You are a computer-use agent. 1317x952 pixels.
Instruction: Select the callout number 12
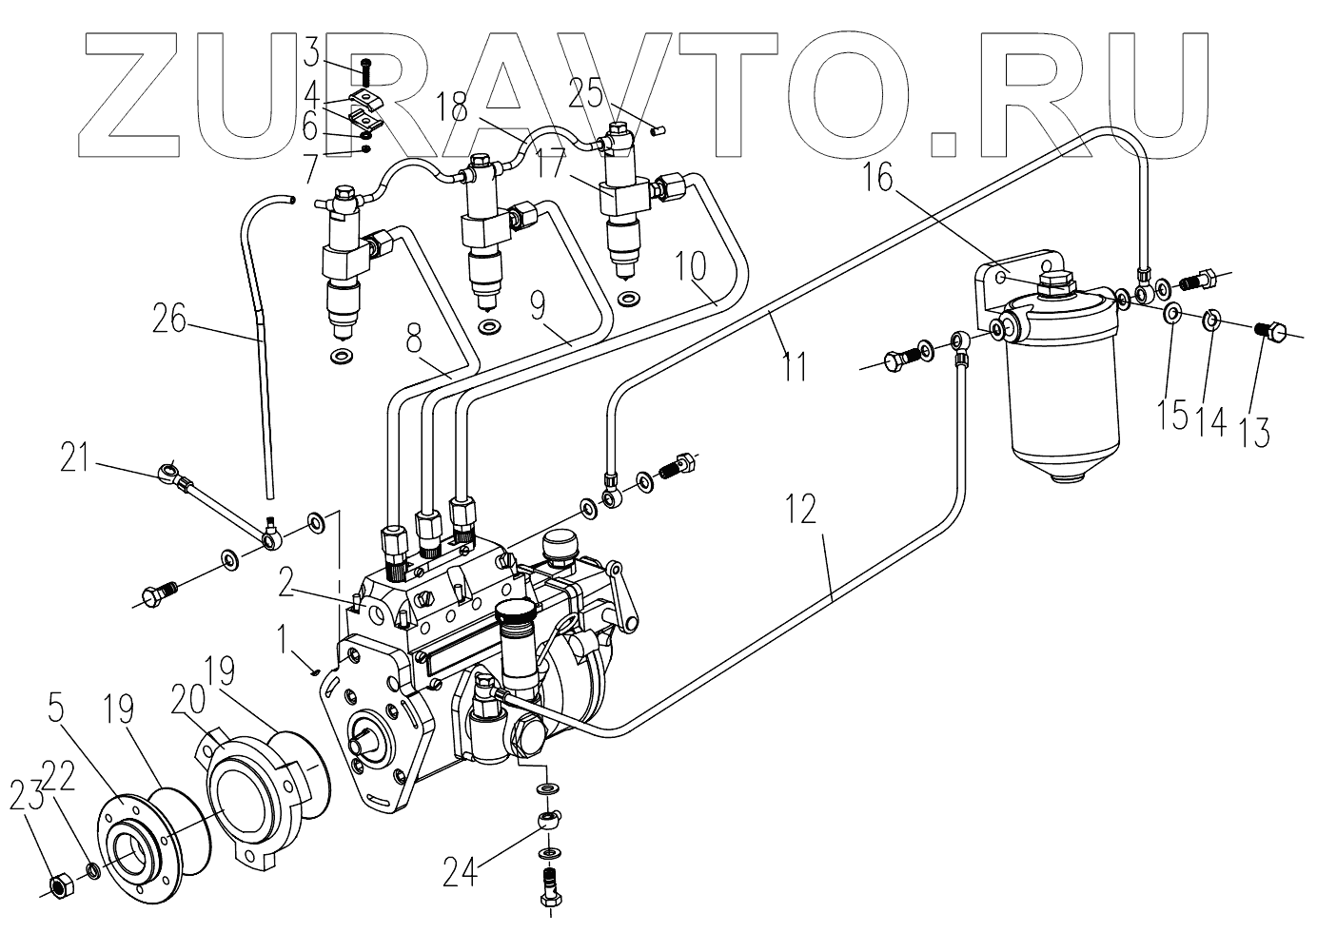click(801, 511)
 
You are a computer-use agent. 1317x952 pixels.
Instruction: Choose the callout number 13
click(1254, 423)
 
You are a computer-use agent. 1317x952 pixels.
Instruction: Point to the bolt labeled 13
click(1270, 333)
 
